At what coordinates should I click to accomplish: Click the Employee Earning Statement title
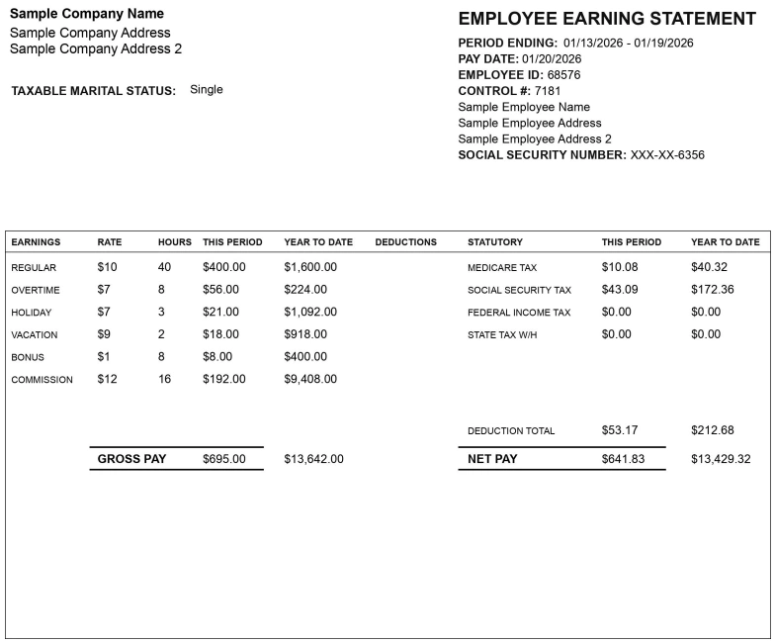[607, 19]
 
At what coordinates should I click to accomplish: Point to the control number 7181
[548, 91]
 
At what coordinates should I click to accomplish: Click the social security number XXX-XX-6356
[667, 155]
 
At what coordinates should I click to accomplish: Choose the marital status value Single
[207, 90]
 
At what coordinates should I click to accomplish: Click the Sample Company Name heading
[87, 14]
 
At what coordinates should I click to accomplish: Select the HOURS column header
[175, 242]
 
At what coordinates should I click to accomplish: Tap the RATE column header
[110, 242]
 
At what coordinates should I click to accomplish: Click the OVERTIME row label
[36, 291]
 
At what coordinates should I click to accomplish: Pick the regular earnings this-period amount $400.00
[224, 267]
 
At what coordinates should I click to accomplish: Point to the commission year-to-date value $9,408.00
[310, 379]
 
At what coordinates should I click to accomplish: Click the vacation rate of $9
[104, 334]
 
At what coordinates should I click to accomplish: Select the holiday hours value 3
[161, 313]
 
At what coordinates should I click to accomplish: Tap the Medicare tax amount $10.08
[620, 267]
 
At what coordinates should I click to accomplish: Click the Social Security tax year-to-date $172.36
[713, 290]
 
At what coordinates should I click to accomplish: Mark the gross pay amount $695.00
[224, 459]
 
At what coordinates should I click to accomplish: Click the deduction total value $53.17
[620, 430]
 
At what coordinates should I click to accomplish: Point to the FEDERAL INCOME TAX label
[519, 313]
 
